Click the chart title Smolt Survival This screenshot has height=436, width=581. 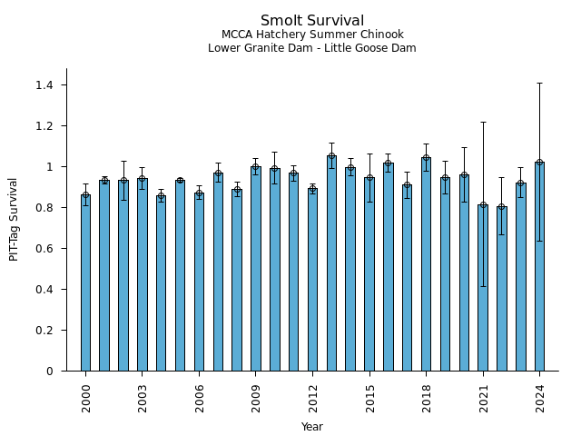click(x=312, y=21)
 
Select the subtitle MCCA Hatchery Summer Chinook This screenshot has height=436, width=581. click(x=312, y=35)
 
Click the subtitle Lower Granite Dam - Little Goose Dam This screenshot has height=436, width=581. click(x=312, y=48)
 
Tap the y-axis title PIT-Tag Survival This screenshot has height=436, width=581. click(x=14, y=219)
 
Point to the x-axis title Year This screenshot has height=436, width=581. click(x=312, y=427)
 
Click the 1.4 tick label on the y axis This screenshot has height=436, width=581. click(x=44, y=85)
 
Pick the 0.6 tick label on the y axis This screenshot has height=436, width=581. click(x=44, y=249)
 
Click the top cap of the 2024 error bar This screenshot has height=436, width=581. click(x=539, y=84)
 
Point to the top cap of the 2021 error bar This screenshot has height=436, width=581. click(x=483, y=122)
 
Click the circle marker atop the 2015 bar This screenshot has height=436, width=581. click(x=369, y=178)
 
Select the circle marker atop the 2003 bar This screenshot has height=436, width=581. click(x=143, y=179)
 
